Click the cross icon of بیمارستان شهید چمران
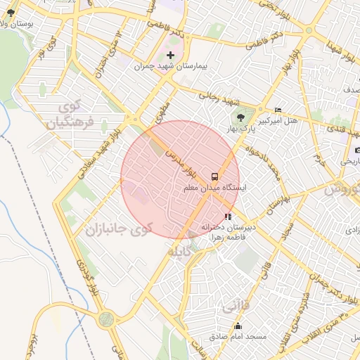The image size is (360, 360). click(170, 55)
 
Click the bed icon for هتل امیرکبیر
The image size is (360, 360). click(278, 110)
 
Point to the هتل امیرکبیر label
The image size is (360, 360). click(278, 120)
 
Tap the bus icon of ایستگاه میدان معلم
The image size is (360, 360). click(214, 176)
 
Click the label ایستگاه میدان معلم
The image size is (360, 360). click(214, 188)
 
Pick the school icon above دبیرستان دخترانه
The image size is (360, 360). click(226, 217)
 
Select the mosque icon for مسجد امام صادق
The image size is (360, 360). click(238, 326)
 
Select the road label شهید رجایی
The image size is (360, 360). click(218, 95)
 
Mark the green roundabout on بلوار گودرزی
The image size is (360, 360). click(106, 319)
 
